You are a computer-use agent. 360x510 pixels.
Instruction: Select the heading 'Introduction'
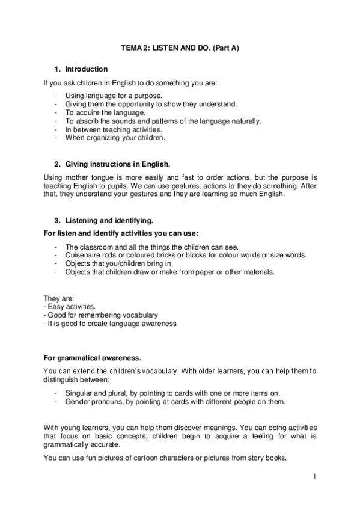click(x=87, y=69)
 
